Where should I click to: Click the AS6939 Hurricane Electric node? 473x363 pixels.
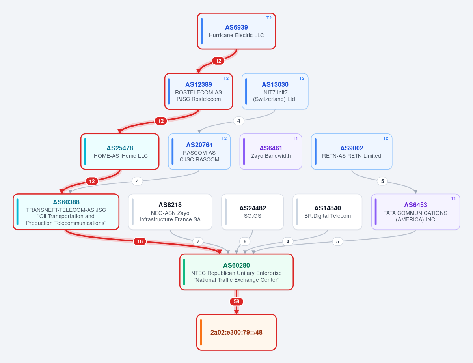pyautogui.click(x=236, y=31)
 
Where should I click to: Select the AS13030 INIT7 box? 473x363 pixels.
pyautogui.click(x=275, y=91)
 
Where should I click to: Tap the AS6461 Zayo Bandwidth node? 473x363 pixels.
pyautogui.click(x=270, y=152)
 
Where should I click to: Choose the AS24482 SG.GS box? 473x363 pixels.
pyautogui.click(x=252, y=212)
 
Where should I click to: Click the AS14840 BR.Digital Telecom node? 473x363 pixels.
pyautogui.click(x=328, y=212)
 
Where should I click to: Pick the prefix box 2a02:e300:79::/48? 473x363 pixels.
pyautogui.click(x=236, y=332)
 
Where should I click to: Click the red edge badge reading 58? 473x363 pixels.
pyautogui.click(x=236, y=301)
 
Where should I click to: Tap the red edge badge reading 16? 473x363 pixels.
pyautogui.click(x=140, y=241)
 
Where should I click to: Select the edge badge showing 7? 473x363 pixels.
pyautogui.click(x=198, y=241)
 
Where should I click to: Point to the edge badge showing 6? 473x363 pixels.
pyautogui.click(x=245, y=241)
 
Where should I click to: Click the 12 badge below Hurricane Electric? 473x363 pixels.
pyautogui.click(x=218, y=61)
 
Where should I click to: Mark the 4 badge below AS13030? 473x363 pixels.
pyautogui.click(x=238, y=121)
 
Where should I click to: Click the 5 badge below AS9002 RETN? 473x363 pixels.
pyautogui.click(x=382, y=181)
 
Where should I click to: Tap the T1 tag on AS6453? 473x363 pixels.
pyautogui.click(x=453, y=198)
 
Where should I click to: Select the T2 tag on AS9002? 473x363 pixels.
pyautogui.click(x=385, y=138)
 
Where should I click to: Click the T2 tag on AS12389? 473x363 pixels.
pyautogui.click(x=226, y=78)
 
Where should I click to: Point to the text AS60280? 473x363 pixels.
pyautogui.click(x=236, y=265)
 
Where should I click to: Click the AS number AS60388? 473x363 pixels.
pyautogui.click(x=66, y=202)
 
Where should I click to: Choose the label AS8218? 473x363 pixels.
pyautogui.click(x=170, y=205)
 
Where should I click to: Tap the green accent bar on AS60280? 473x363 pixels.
pyautogui.click(x=184, y=272)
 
